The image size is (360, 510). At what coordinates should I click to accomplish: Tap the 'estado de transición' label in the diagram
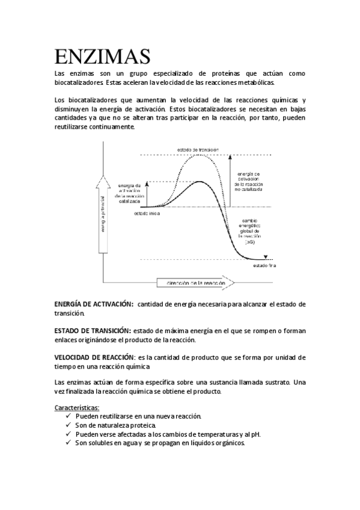pyautogui.click(x=198, y=149)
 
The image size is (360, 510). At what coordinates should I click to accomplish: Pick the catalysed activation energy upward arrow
pyautogui.click(x=147, y=194)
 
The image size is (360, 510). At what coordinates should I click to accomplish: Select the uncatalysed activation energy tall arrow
pyautogui.click(x=229, y=180)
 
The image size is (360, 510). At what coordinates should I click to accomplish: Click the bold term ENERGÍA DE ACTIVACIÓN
pyautogui.click(x=93, y=304)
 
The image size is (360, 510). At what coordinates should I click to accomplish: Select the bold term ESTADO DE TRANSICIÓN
pyautogui.click(x=92, y=331)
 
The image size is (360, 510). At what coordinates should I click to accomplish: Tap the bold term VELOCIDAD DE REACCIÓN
pyautogui.click(x=93, y=357)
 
